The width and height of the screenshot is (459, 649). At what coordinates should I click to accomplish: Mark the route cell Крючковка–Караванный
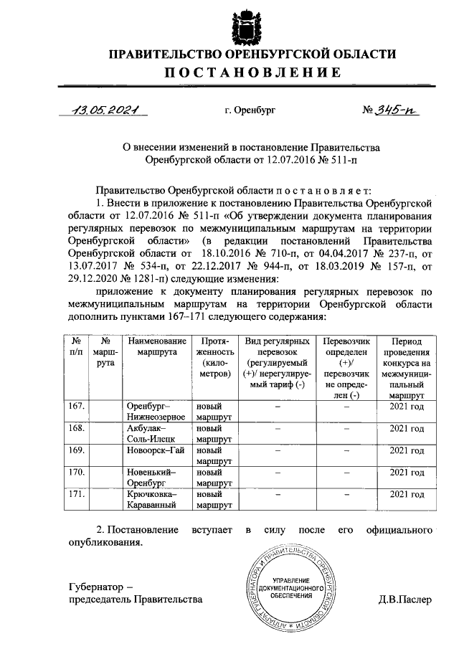[x=157, y=499]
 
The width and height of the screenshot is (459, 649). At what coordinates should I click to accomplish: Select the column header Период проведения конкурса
[x=407, y=368]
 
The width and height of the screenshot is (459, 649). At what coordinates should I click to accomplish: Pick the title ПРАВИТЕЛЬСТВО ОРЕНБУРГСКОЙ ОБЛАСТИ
[x=252, y=55]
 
